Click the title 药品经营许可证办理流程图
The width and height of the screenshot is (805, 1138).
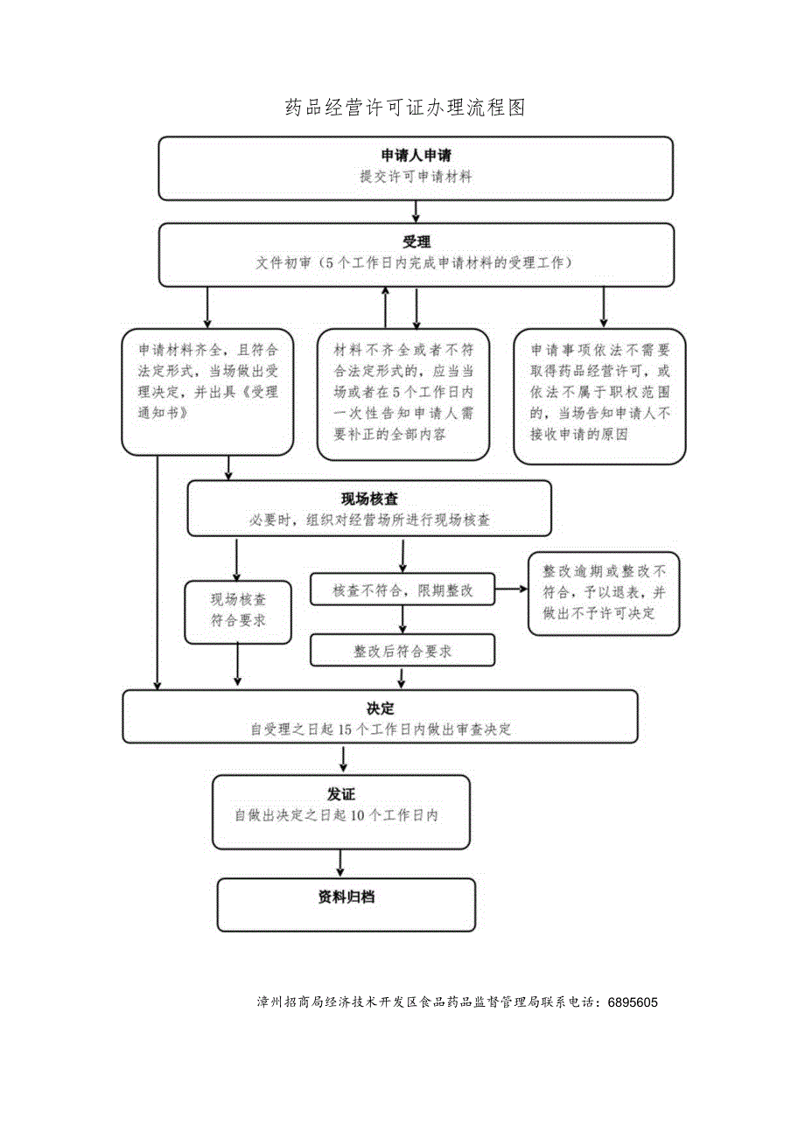coord(405,108)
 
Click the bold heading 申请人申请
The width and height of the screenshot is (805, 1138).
coord(416,156)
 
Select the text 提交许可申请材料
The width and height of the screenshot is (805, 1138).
coord(416,177)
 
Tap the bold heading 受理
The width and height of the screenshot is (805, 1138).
coord(416,242)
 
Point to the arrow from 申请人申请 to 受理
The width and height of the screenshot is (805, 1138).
coord(416,211)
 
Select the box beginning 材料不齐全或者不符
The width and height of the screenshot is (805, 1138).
coord(402,394)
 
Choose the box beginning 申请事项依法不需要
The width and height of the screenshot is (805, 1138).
coord(599,395)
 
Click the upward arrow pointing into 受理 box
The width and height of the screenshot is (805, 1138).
coord(386,306)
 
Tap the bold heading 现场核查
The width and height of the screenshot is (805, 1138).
coord(369,499)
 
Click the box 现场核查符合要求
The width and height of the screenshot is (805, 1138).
coord(238,611)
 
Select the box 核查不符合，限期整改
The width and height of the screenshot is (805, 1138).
coord(402,590)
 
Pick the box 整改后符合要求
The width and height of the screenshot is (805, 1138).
coord(402,652)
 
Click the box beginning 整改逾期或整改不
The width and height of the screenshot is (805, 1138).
coord(603,592)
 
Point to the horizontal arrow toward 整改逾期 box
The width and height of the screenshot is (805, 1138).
coord(511,590)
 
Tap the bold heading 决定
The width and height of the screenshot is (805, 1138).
coord(380,708)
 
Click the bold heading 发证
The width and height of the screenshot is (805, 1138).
coord(341,794)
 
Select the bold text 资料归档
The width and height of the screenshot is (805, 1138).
coord(346,897)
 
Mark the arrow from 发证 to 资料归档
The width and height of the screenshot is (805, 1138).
coord(341,863)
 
